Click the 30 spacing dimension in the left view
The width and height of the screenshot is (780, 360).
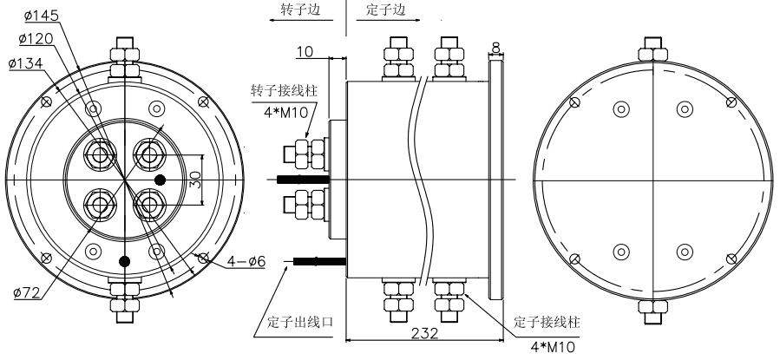tap(196, 180)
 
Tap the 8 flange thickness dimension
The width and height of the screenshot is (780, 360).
tap(495, 47)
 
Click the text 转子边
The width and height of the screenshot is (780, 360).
tap(302, 10)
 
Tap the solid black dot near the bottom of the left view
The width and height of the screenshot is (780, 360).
tap(126, 260)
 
